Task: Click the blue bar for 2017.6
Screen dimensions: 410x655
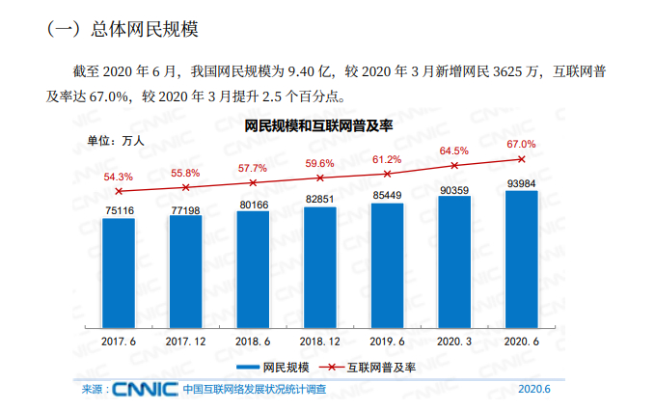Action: click(119, 273)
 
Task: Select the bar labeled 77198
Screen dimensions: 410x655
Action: click(185, 271)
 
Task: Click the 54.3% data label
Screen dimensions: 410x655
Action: click(118, 177)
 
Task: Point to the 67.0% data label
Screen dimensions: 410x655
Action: click(521, 144)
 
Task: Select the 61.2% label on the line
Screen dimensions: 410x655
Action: click(387, 159)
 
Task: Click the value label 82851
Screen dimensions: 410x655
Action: click(320, 199)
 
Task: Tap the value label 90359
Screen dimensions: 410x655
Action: click(454, 190)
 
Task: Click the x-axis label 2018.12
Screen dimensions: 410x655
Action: click(320, 341)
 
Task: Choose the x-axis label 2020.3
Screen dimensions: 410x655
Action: click(454, 341)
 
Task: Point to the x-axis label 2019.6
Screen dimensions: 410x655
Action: click(387, 341)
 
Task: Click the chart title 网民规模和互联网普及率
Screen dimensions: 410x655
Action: click(318, 125)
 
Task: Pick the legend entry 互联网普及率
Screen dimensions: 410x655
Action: click(382, 367)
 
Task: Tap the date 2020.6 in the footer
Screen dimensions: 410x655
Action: click(533, 390)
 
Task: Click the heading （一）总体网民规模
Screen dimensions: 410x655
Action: click(123, 30)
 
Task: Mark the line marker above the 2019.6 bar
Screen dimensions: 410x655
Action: click(387, 174)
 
